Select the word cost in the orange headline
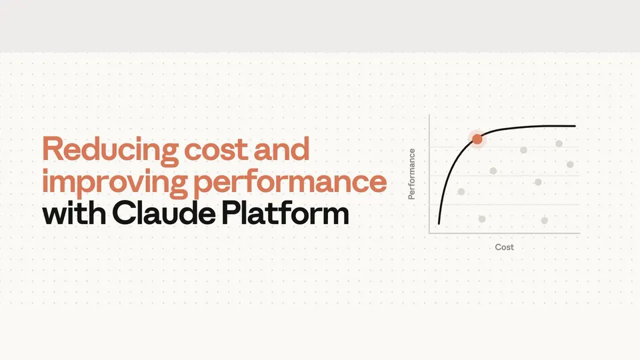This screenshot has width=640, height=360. [215, 149]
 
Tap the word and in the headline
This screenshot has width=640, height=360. [281, 148]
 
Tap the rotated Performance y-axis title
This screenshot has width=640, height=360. [411, 174]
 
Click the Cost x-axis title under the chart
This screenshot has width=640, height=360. [504, 247]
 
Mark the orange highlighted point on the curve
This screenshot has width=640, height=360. [477, 139]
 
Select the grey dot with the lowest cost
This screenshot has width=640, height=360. [461, 191]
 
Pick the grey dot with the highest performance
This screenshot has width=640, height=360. [559, 143]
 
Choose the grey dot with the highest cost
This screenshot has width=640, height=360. [570, 164]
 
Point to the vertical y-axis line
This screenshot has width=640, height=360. [429, 174]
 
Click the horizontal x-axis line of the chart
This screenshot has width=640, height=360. [505, 233]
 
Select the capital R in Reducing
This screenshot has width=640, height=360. [53, 149]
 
